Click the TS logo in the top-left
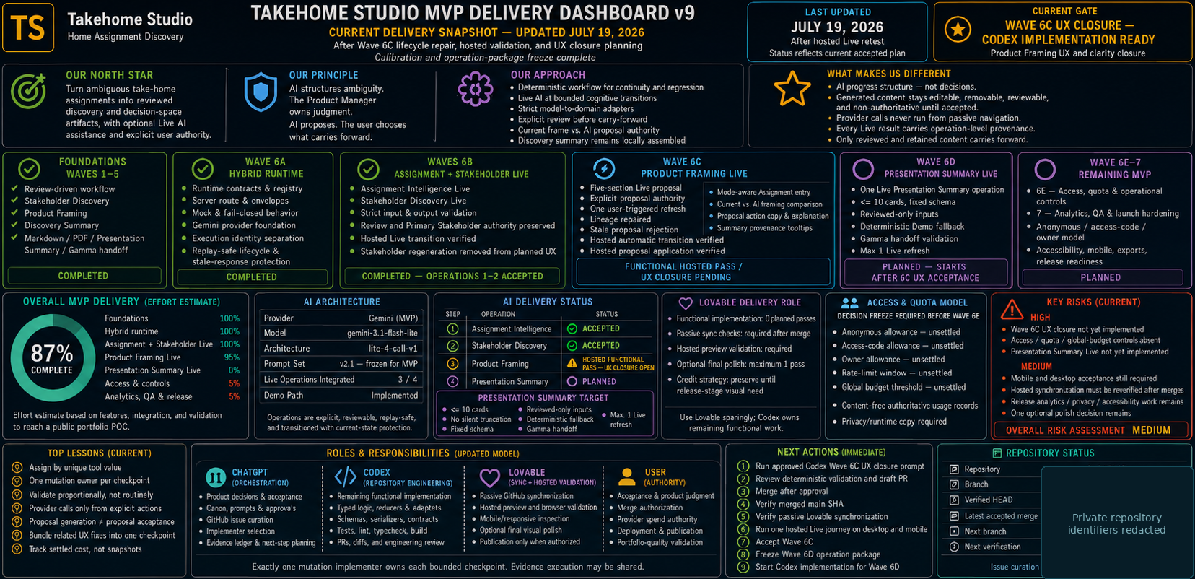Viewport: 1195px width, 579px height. pos(28,27)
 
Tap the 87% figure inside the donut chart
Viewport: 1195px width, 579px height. pos(52,353)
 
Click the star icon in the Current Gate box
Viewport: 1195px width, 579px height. pos(958,29)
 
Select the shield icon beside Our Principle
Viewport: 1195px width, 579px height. pos(261,92)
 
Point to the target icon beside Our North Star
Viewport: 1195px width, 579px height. pos(28,91)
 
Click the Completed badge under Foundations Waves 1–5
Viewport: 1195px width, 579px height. pos(84,275)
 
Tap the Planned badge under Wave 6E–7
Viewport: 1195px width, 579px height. pos(1100,277)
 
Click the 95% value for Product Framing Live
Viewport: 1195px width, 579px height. pos(232,357)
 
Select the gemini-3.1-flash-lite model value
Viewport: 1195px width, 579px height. pos(382,333)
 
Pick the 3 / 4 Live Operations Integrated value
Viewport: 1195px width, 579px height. pos(408,380)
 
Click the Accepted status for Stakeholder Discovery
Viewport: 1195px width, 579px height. pos(593,345)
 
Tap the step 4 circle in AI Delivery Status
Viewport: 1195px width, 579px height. pos(452,382)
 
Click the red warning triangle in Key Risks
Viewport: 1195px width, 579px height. pos(1012,310)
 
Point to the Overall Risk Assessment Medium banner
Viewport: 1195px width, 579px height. pos(1090,430)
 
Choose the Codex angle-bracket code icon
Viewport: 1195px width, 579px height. pos(345,476)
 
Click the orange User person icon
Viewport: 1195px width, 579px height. pos(627,476)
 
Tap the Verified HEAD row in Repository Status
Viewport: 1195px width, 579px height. pos(981,500)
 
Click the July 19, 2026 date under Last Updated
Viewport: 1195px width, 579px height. pos(837,27)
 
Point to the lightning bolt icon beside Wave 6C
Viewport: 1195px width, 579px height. pos(603,169)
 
